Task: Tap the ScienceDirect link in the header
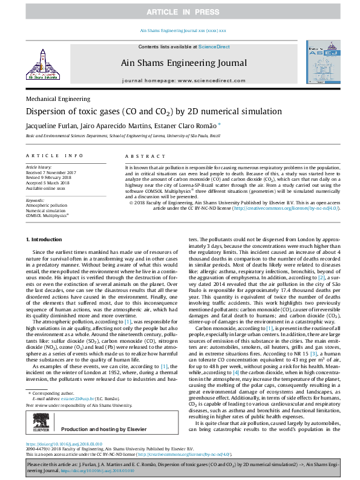pyautogui.click(x=214, y=47)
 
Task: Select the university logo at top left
pyautogui.click(x=42, y=65)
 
